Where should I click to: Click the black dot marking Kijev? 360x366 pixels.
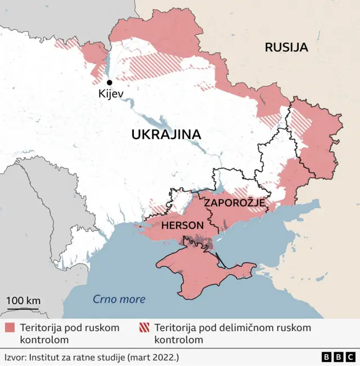click(x=109, y=82)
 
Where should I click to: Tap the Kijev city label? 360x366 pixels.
click(x=110, y=94)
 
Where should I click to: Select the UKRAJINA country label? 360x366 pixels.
click(x=166, y=134)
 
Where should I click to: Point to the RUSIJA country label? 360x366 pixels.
click(x=286, y=47)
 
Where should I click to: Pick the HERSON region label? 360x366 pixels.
click(x=182, y=225)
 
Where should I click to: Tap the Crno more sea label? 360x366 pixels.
click(x=119, y=300)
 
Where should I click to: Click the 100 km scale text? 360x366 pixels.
click(x=23, y=300)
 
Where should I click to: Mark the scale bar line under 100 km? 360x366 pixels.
click(x=23, y=309)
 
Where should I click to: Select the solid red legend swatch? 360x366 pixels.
click(x=10, y=328)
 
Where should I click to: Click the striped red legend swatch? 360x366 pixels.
click(x=144, y=328)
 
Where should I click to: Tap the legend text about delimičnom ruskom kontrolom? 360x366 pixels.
click(x=232, y=333)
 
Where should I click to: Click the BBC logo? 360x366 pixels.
click(x=338, y=357)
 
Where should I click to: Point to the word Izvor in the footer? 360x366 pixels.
click(x=15, y=357)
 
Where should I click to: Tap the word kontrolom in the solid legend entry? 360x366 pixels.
click(x=44, y=340)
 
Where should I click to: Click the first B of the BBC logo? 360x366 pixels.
click(x=327, y=357)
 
